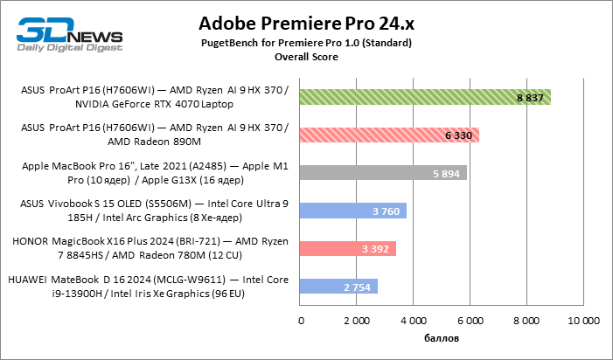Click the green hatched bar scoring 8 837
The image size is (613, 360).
[425, 97]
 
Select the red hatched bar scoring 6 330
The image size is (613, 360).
[389, 135]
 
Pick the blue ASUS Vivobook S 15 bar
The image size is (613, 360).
[353, 211]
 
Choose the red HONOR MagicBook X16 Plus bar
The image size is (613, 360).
[348, 248]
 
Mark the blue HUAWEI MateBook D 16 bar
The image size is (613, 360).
[339, 286]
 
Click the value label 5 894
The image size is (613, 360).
[446, 173]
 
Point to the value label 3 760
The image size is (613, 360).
[386, 211]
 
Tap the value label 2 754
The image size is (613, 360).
[358, 287]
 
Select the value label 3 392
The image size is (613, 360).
[375, 249]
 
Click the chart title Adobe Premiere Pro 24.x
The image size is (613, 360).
[306, 22]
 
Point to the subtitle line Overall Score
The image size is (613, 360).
[306, 57]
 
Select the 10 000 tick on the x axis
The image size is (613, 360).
[583, 320]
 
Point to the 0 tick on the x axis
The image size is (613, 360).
[301, 320]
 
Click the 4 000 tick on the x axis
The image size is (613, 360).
[414, 320]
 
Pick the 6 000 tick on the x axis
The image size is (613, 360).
[470, 320]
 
